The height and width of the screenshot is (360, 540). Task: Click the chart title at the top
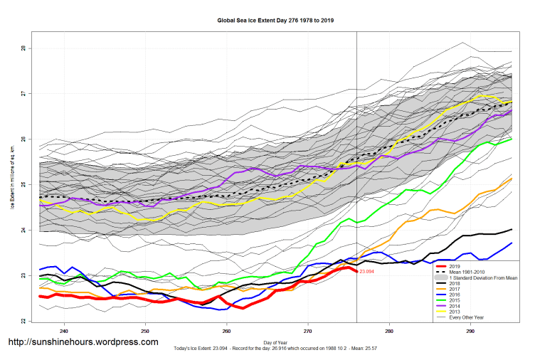pos(275,21)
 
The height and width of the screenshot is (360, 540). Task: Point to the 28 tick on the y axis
pos(23,48)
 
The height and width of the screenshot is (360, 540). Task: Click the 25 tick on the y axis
pos(23,185)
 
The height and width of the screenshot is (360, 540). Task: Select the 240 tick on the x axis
pos(64,332)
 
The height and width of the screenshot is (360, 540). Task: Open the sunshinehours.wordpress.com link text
pos(83,342)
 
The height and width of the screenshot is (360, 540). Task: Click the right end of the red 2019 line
pos(356,272)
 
